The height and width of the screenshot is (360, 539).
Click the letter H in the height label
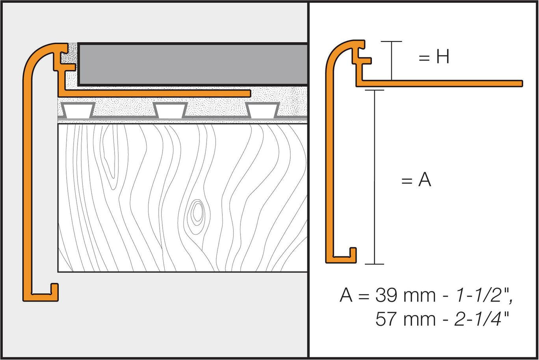pyautogui.click(x=442, y=58)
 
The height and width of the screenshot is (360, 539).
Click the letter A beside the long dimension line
pyautogui.click(x=424, y=181)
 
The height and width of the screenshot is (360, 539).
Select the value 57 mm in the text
pyautogui.click(x=399, y=319)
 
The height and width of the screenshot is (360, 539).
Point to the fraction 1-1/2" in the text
pyautogui.click(x=481, y=295)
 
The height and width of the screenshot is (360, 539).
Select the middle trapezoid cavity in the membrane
pyautogui.click(x=170, y=110)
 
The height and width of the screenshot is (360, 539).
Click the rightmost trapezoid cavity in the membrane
pyautogui.click(x=262, y=110)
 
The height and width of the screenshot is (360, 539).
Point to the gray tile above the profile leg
pyautogui.click(x=193, y=64)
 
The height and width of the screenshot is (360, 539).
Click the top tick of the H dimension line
pyautogui.click(x=391, y=41)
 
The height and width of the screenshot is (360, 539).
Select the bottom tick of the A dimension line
pyautogui.click(x=374, y=264)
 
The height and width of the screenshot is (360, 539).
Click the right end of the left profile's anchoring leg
pyautogui.click(x=248, y=93)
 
